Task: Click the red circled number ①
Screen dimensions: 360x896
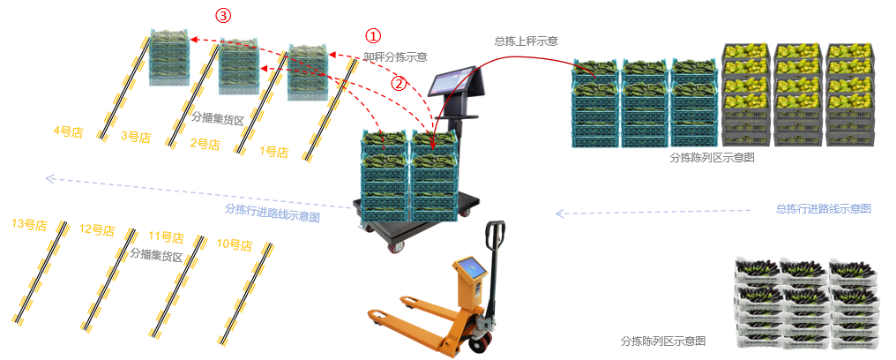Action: [373, 36]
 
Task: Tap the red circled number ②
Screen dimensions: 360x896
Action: [399, 84]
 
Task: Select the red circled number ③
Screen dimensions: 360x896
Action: [224, 16]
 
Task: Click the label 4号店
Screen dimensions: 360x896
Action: [67, 131]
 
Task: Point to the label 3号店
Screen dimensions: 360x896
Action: [136, 137]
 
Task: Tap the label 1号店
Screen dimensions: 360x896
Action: [274, 152]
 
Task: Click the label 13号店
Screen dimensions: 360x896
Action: [29, 224]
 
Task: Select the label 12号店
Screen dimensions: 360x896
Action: [97, 230]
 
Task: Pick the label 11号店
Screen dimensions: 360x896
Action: [166, 236]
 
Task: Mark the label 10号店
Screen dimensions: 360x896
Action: [234, 244]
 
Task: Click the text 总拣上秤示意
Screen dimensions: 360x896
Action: [526, 41]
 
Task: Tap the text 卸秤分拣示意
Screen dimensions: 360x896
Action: [395, 56]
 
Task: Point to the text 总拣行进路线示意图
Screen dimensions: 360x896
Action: [824, 209]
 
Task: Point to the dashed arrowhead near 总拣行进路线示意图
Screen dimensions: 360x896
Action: [559, 213]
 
